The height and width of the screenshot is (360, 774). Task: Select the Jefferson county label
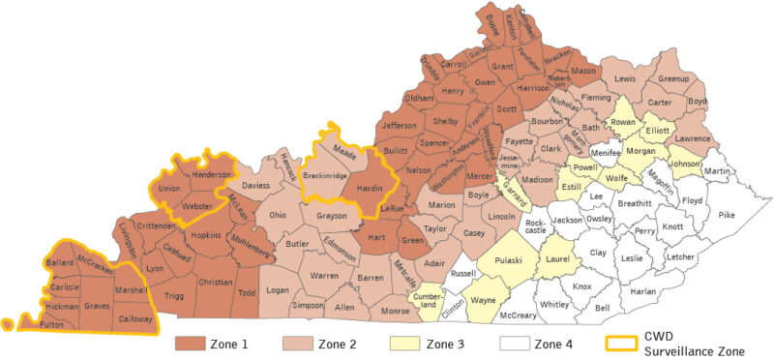point(398,125)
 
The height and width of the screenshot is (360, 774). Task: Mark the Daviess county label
point(255,183)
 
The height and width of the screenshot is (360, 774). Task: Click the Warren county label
point(324,276)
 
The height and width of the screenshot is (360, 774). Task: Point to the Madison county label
point(538,179)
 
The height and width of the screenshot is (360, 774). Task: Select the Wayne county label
point(482,301)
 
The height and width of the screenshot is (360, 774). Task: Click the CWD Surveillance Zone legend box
point(623,343)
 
